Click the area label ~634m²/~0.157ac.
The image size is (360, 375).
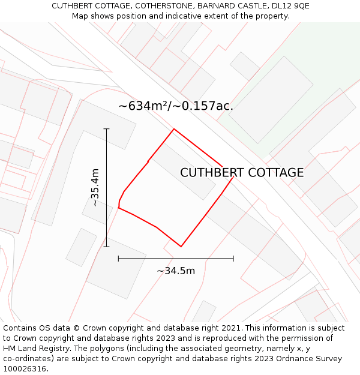pyautogui.click(x=176, y=106)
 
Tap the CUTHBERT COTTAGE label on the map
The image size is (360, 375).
pyautogui.click(x=242, y=173)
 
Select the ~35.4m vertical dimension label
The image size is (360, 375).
pyautogui.click(x=95, y=188)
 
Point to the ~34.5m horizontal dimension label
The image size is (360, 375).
pyautogui.click(x=176, y=271)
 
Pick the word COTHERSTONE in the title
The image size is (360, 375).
pyautogui.click(x=164, y=6)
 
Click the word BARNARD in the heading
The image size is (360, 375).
pyautogui.click(x=215, y=6)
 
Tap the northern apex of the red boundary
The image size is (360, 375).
pyautogui.click(x=174, y=129)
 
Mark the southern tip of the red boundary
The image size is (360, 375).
pyautogui.click(x=181, y=246)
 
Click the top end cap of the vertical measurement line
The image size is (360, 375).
pyautogui.click(x=106, y=128)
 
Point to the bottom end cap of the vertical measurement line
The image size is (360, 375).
pyautogui.click(x=106, y=246)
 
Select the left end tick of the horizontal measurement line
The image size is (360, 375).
pyautogui.click(x=119, y=259)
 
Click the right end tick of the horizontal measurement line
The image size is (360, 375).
pyautogui.click(x=233, y=259)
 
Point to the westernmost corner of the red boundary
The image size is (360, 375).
pyautogui.click(x=118, y=208)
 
